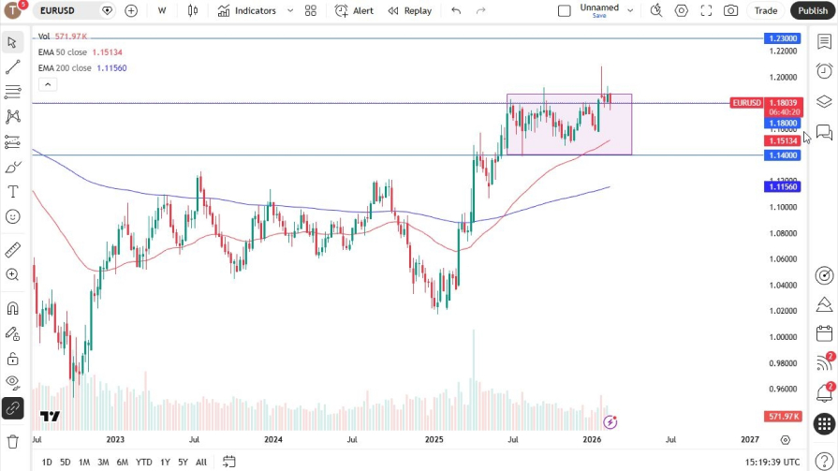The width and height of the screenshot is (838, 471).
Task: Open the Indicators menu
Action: coord(247,10)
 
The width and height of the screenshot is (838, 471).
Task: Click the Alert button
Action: coord(355,10)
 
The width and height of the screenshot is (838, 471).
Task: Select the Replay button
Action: coord(410,10)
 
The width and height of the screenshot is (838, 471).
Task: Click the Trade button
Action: coord(766,10)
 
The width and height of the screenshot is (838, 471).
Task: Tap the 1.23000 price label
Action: coord(783,38)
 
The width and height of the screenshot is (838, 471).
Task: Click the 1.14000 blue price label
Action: coord(783,155)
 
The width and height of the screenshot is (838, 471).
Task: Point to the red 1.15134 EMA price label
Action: coord(783,140)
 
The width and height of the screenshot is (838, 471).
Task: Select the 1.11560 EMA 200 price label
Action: coord(783,186)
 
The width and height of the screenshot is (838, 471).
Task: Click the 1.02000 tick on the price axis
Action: coord(783,311)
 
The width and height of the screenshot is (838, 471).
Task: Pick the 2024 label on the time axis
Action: coord(273,438)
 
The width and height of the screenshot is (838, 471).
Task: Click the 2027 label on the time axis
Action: coord(750,438)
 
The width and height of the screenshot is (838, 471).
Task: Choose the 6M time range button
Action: coord(122,462)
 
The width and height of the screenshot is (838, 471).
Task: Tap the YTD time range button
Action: coord(143,462)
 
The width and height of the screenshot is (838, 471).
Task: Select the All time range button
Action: coord(201,462)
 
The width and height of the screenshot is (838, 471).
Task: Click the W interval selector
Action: coord(162,10)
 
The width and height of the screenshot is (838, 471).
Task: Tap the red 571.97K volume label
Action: coord(783,416)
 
